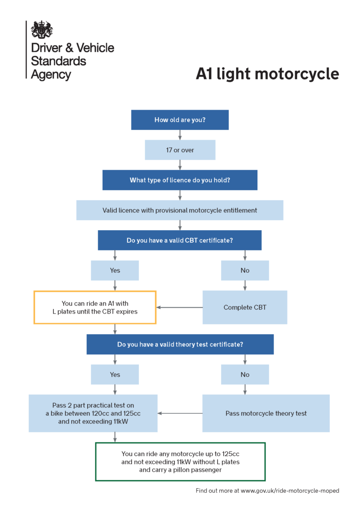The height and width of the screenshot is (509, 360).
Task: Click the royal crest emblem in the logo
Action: [42, 29]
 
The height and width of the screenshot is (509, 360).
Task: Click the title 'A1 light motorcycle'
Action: [267, 74]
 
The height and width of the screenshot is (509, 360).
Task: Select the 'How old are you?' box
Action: [180, 120]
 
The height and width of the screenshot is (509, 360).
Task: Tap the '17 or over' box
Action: [180, 150]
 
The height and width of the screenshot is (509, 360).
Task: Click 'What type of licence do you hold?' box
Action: [180, 180]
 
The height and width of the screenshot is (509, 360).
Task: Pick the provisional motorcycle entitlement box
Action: [180, 210]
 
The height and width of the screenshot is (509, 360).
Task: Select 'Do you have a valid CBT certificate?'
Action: [180, 240]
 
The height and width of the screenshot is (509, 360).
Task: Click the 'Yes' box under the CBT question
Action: [115, 270]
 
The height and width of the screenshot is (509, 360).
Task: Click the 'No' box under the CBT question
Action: [245, 270]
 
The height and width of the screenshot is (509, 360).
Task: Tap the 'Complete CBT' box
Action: [245, 307]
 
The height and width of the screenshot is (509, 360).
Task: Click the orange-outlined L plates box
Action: [95, 307]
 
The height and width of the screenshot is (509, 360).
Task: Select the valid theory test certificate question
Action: [180, 344]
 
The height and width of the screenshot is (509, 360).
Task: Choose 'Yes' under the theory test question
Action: [115, 374]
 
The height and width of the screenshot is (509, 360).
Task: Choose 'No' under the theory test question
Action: [245, 374]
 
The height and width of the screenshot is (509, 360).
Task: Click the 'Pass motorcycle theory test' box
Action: [266, 413]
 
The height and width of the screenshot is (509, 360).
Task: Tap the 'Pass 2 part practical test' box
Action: [93, 413]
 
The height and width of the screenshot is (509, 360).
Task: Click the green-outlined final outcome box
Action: [180, 462]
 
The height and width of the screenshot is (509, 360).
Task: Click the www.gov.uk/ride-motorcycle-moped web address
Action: [290, 491]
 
